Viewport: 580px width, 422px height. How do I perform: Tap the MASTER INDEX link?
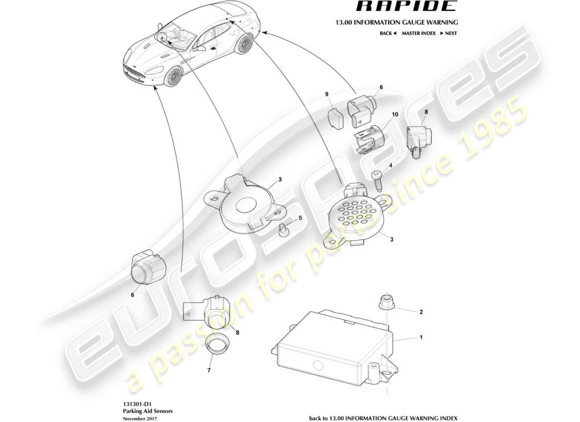click(x=418, y=33)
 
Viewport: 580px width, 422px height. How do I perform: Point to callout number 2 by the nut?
click(x=421, y=312)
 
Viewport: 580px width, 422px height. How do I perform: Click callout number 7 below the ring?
click(x=208, y=371)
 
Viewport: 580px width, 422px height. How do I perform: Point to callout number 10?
click(x=394, y=114)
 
